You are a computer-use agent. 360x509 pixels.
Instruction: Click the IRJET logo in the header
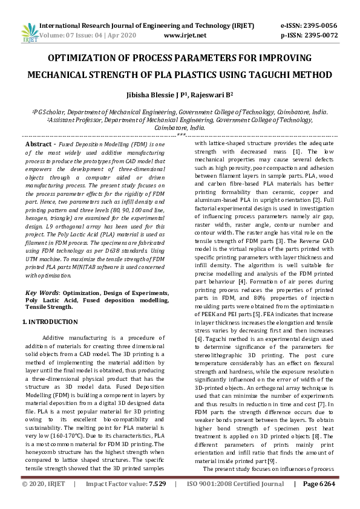click(28, 31)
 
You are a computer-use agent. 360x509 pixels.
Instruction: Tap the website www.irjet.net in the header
click(185, 35)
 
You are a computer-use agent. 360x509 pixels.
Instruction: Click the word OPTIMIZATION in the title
click(83, 58)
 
